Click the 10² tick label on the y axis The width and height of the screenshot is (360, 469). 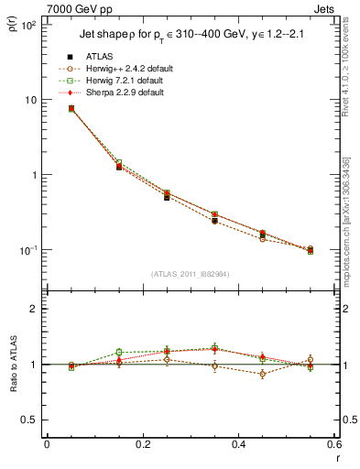coord(30,26)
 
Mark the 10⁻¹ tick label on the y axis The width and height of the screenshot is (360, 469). coord(30,250)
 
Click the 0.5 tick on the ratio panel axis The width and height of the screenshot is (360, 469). coord(31,420)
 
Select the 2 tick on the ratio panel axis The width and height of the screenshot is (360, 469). coord(35,310)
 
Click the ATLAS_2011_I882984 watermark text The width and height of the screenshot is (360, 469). coord(191,274)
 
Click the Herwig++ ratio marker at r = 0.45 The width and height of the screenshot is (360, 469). coord(263,374)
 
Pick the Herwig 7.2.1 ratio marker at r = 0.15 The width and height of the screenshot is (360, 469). coord(119,352)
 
